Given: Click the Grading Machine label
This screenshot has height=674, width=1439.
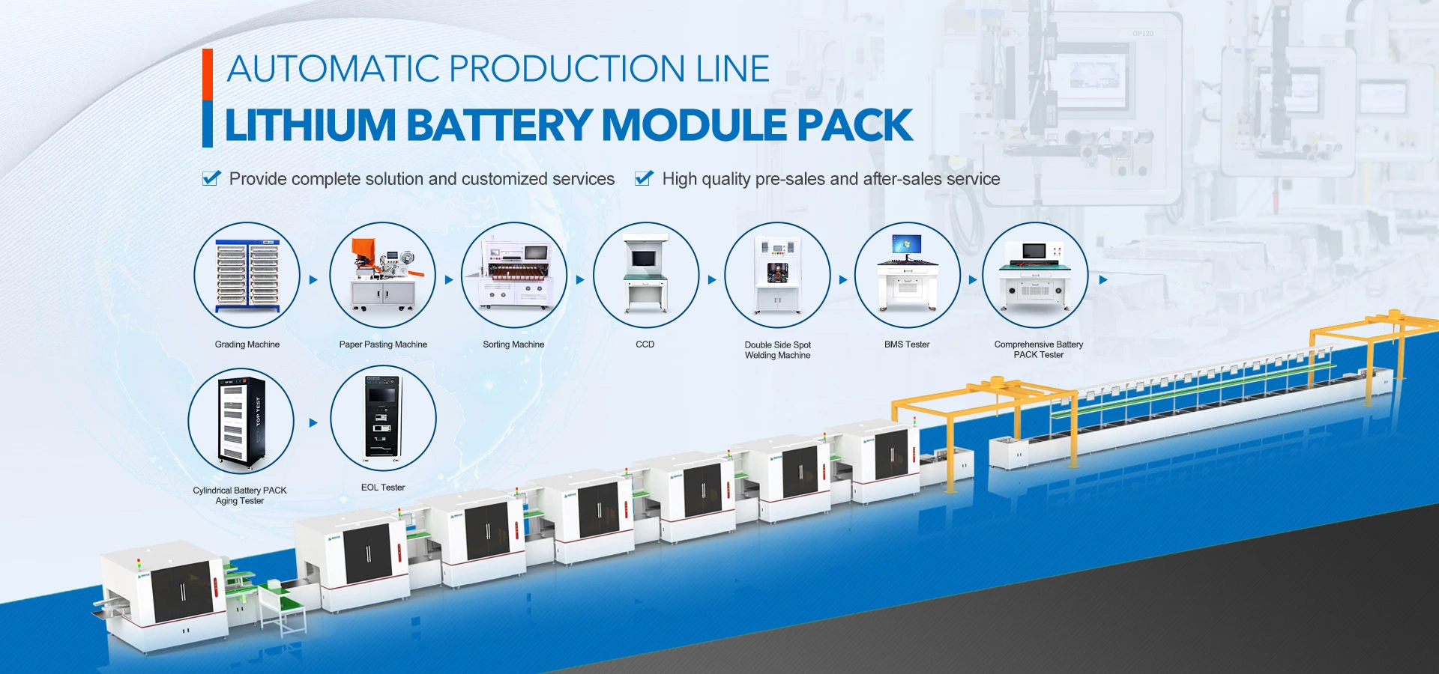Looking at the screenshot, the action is point(247,344).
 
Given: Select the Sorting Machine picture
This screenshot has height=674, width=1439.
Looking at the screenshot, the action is point(514,275).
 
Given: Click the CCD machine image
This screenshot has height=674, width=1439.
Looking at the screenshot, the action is point(646,275).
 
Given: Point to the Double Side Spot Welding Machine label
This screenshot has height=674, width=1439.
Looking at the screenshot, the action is point(778,350).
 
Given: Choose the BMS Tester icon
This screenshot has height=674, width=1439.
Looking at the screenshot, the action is point(908,275).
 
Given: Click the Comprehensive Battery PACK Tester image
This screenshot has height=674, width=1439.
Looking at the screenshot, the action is point(1036,275).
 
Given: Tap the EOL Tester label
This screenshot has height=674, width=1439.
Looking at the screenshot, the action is point(383,488).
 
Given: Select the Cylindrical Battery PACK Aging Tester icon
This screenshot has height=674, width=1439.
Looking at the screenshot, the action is point(241,421).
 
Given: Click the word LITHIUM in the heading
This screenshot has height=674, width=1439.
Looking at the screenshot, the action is point(310,125).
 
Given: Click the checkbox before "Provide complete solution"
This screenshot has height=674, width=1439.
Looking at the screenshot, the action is point(211,178).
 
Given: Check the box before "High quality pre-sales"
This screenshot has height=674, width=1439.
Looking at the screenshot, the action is point(644,178).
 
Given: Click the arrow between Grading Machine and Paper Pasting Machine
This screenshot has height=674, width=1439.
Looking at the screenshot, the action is point(313,279).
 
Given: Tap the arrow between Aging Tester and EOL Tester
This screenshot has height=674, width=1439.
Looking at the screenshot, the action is point(313,422).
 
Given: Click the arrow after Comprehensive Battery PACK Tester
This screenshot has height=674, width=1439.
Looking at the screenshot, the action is point(1103,279).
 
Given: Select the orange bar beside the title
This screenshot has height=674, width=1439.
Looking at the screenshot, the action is point(208,74).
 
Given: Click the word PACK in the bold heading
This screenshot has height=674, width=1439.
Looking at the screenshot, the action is point(855,125).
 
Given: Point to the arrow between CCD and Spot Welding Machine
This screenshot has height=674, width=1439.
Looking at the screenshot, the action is point(712,279).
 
